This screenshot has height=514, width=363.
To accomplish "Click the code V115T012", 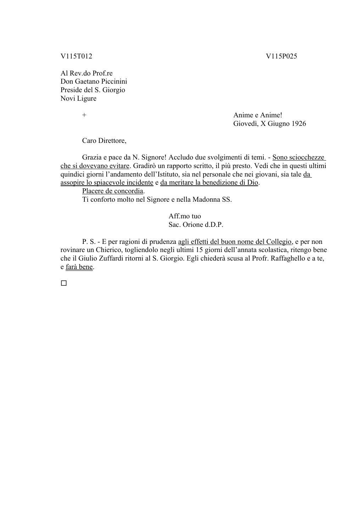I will click(x=76, y=56).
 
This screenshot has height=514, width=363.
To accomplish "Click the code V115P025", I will click(x=281, y=56).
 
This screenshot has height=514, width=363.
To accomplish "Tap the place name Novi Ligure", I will click(x=78, y=98).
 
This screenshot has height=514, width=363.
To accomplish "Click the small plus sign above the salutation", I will click(x=84, y=115).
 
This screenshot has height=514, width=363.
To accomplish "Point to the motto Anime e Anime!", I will click(x=258, y=115).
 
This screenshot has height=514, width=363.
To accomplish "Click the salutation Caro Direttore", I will click(x=104, y=141).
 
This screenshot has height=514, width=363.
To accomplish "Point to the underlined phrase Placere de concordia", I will click(x=113, y=191).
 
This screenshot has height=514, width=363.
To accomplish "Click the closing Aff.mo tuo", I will click(x=185, y=216).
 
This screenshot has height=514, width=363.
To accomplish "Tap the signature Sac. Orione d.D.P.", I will click(x=196, y=225).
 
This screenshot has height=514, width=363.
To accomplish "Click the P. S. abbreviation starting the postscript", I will click(x=89, y=242).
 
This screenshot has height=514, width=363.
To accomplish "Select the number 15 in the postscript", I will click(x=199, y=250).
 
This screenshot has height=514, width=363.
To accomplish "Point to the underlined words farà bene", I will click(x=79, y=267).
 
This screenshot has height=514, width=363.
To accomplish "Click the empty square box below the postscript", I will click(x=64, y=283).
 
